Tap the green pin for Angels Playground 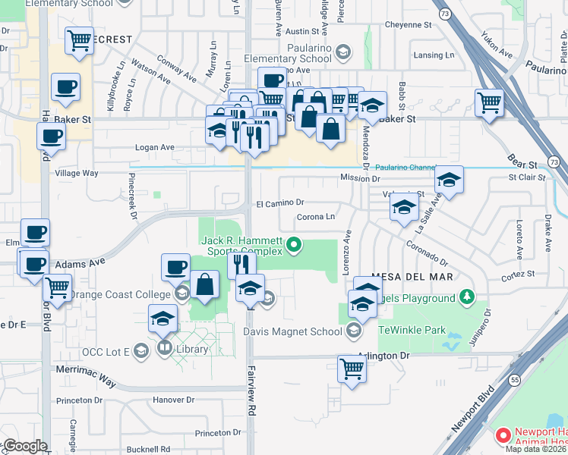(x=469, y=298)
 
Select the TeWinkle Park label (x=412, y=330)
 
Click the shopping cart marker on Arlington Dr (x=352, y=369)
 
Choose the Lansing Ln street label (x=434, y=55)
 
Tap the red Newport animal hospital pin (x=502, y=435)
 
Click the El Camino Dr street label (x=279, y=202)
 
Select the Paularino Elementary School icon (x=342, y=52)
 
